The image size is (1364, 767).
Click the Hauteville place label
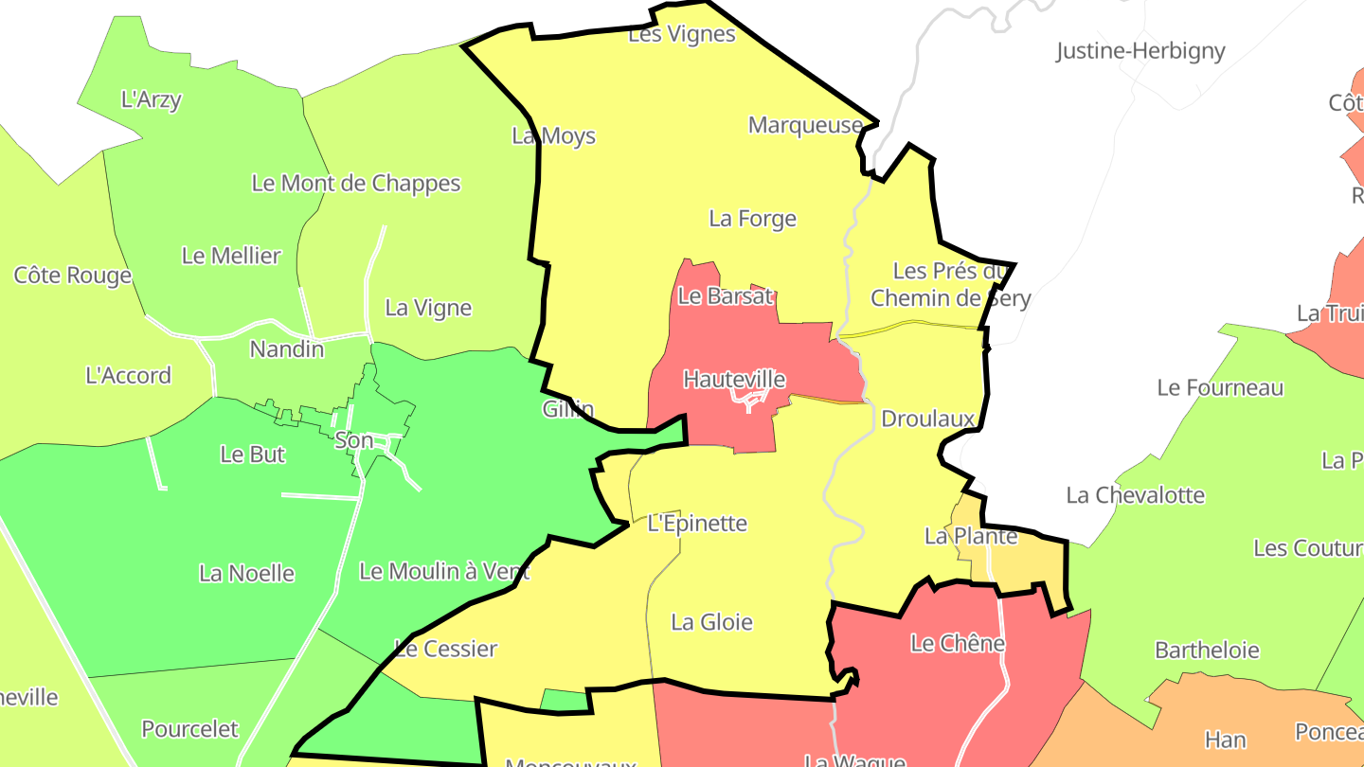click(x=734, y=380)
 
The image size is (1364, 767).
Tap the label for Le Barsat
click(x=726, y=295)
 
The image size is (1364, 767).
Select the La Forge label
click(x=752, y=219)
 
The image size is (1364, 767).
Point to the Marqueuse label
click(x=805, y=125)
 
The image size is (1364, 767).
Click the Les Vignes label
click(x=682, y=34)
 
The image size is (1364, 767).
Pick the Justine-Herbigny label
click(x=1140, y=51)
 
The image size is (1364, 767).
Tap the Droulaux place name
click(x=927, y=419)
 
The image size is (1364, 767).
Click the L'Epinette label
click(x=697, y=524)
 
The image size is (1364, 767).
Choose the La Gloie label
click(x=711, y=622)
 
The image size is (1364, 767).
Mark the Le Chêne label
click(x=957, y=644)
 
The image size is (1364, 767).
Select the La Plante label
click(x=970, y=536)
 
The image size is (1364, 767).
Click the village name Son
click(x=353, y=440)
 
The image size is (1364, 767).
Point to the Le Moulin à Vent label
click(x=444, y=572)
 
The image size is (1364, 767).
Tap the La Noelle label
click(x=246, y=573)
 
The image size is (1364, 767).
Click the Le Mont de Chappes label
click(x=355, y=184)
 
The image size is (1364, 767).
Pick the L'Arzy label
click(x=151, y=99)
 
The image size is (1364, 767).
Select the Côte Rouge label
click(x=72, y=276)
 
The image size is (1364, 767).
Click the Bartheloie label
click(x=1207, y=651)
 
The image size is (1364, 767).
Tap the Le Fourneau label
click(x=1220, y=387)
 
